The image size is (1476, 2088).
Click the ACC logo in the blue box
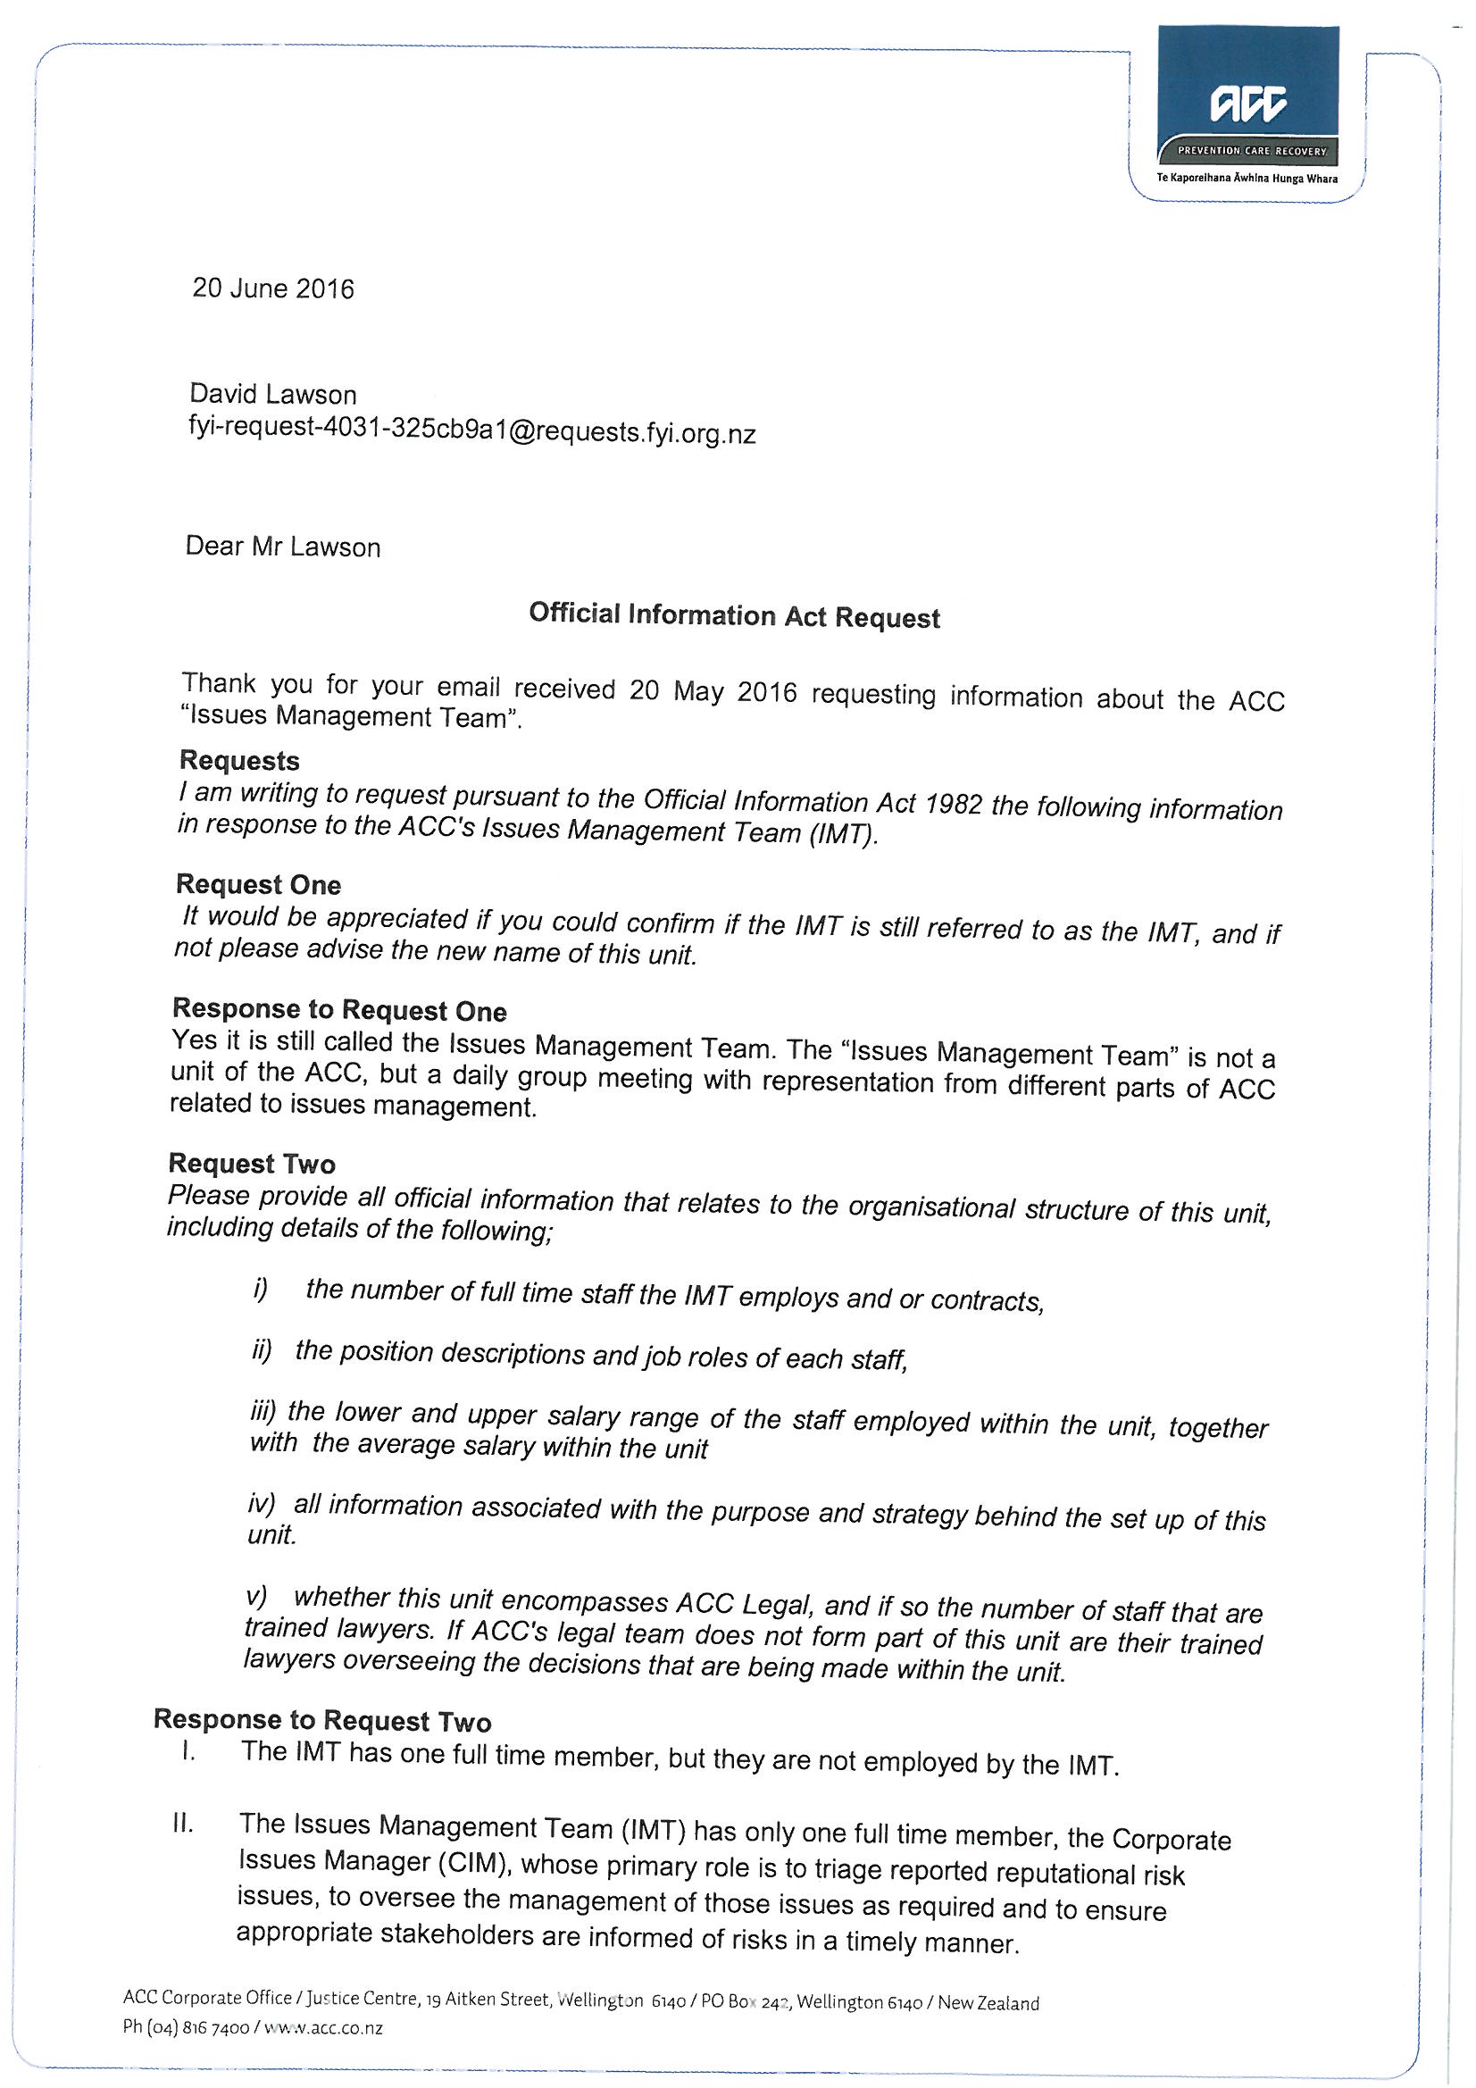[x=1248, y=104]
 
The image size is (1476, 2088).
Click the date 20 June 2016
[x=273, y=288]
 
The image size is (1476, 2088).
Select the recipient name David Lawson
[x=273, y=394]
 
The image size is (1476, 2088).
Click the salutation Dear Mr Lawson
[x=283, y=547]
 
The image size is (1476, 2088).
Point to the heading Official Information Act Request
[x=734, y=615]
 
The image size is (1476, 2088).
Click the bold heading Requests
[x=239, y=760]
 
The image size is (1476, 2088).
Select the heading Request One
[x=258, y=884]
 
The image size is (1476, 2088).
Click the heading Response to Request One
[x=339, y=1009]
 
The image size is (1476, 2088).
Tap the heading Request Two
[x=252, y=1163]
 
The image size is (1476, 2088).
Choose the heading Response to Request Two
[x=322, y=1720]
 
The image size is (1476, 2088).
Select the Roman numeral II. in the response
[x=182, y=1824]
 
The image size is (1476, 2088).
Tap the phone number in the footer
[x=186, y=2027]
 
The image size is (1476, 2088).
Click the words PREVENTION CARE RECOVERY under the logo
[x=1252, y=151]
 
